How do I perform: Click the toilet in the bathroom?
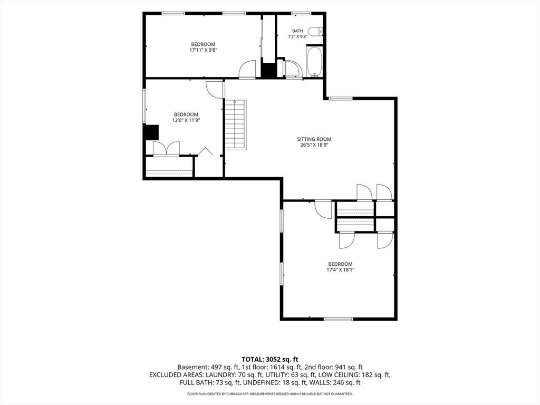[315, 32]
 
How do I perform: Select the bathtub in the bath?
[314, 62]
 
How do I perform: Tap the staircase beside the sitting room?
[236, 124]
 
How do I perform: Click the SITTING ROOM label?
[314, 139]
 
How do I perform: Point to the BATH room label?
[297, 31]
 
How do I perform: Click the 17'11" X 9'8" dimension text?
[203, 50]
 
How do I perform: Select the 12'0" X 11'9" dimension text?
[186, 120]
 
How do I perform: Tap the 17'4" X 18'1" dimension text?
[340, 270]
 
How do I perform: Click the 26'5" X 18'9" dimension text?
[314, 145]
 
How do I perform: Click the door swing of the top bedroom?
[247, 70]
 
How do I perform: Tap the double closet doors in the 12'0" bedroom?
[166, 148]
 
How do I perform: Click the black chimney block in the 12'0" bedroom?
[151, 132]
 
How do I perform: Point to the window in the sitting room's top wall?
[340, 99]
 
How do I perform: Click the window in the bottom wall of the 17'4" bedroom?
[338, 319]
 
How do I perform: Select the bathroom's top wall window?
[302, 13]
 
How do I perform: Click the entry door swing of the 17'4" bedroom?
[323, 209]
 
